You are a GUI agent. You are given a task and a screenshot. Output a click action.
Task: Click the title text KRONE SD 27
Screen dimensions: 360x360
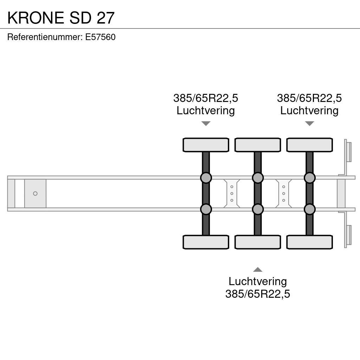(x=61, y=18)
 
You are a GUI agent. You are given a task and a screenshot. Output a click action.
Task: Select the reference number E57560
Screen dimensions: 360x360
(x=100, y=37)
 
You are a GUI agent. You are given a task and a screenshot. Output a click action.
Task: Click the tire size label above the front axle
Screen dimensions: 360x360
(x=206, y=98)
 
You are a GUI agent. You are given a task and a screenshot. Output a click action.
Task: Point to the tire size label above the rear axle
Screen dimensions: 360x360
(x=309, y=98)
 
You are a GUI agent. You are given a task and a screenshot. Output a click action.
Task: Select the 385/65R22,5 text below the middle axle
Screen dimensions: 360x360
(x=258, y=294)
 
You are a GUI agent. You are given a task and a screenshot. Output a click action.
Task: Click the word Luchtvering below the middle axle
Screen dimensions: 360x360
(x=258, y=281)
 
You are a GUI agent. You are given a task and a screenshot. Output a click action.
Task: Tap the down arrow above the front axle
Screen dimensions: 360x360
(x=206, y=123)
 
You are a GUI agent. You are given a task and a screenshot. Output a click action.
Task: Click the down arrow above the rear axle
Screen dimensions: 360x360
(x=309, y=123)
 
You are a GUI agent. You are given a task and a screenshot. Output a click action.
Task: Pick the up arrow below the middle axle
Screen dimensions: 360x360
(x=258, y=270)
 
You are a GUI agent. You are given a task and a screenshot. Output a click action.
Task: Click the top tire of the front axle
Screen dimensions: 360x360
(x=206, y=145)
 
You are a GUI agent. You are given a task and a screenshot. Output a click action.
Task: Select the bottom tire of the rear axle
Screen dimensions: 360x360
(x=309, y=242)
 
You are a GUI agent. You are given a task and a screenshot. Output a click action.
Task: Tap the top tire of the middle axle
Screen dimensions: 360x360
(x=258, y=145)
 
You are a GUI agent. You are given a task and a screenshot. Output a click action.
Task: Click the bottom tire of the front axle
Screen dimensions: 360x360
(x=206, y=242)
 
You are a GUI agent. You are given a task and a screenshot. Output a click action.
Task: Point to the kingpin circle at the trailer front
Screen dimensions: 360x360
(x=35, y=194)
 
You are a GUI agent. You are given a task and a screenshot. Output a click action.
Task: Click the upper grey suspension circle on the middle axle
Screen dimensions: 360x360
(x=258, y=178)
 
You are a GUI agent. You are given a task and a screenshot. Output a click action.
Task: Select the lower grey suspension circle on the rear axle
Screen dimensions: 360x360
(x=309, y=210)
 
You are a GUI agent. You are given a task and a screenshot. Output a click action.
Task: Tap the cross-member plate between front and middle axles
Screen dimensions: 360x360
(x=232, y=194)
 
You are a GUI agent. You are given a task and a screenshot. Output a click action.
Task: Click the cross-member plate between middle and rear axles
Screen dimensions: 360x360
(x=283, y=194)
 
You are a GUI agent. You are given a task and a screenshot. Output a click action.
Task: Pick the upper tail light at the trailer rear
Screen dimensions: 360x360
(x=348, y=152)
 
